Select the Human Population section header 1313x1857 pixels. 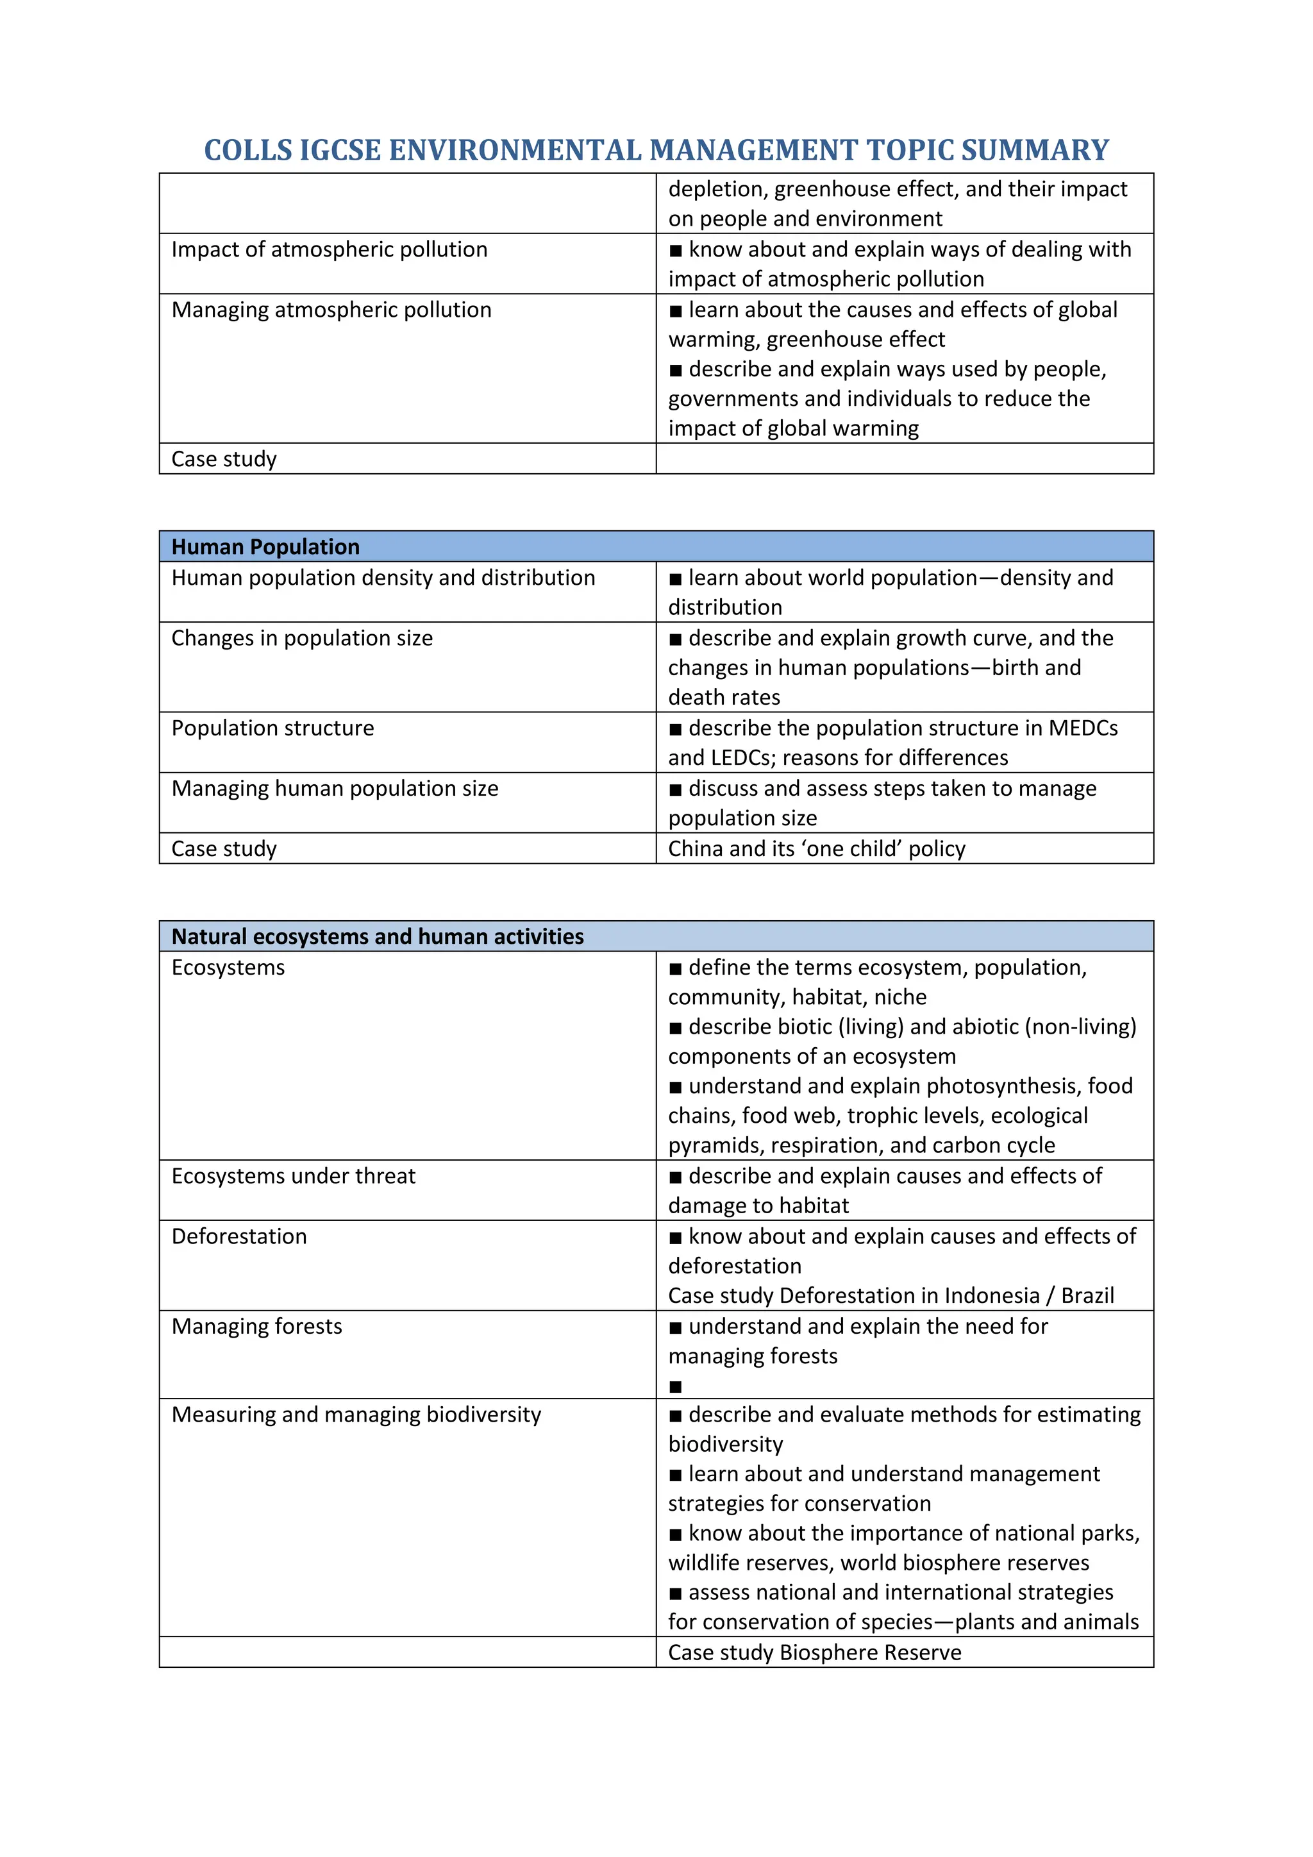pos(265,547)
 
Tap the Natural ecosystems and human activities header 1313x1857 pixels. pos(377,937)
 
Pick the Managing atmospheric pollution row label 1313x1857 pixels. pos(331,310)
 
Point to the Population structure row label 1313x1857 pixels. pos(272,728)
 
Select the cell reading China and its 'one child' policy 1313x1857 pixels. pos(817,848)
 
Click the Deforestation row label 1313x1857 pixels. pos(238,1237)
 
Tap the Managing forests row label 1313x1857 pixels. pos(256,1327)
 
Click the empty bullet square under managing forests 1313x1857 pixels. pos(676,1387)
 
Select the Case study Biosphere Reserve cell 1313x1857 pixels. pos(814,1652)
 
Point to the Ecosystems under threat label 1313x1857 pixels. pos(293,1176)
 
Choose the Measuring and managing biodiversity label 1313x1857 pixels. pos(356,1415)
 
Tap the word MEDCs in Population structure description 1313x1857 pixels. pos(1083,728)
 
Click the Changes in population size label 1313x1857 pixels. pos(301,638)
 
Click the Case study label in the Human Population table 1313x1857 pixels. pos(224,848)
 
